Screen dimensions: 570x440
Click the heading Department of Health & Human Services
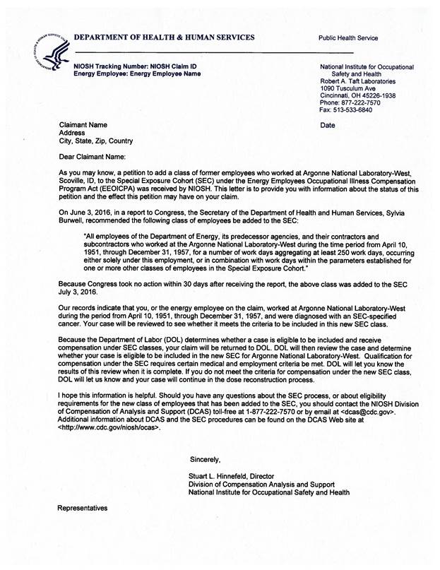pyautogui.click(x=164, y=37)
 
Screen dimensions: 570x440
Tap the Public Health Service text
pyautogui.click(x=348, y=38)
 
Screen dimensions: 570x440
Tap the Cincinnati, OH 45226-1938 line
pyautogui.click(x=357, y=95)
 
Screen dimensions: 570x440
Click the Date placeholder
pyautogui.click(x=328, y=125)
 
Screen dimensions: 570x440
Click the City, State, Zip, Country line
pyautogui.click(x=95, y=141)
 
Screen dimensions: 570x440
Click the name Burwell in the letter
pyautogui.click(x=74, y=221)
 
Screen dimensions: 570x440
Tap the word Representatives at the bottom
pyautogui.click(x=83, y=508)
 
